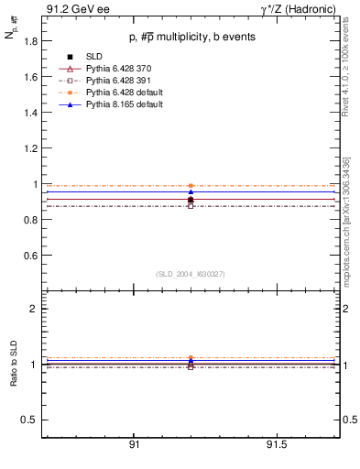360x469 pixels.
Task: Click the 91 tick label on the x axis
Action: point(134,445)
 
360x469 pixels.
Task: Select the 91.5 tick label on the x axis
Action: point(278,445)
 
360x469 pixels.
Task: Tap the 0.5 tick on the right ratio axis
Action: point(347,420)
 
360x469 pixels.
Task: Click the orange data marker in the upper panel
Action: point(191,186)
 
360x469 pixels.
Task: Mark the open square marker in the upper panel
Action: point(191,205)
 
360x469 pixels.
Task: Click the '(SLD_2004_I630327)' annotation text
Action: point(191,274)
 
